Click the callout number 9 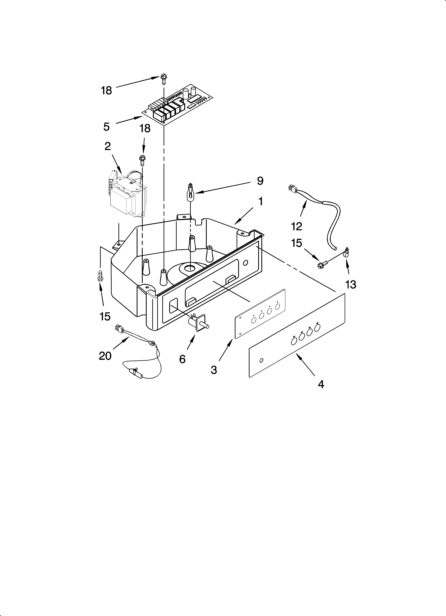point(260,181)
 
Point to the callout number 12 point(297,226)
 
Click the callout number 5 point(106,127)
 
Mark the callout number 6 point(182,359)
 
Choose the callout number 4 point(321,384)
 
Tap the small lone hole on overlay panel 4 point(261,360)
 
